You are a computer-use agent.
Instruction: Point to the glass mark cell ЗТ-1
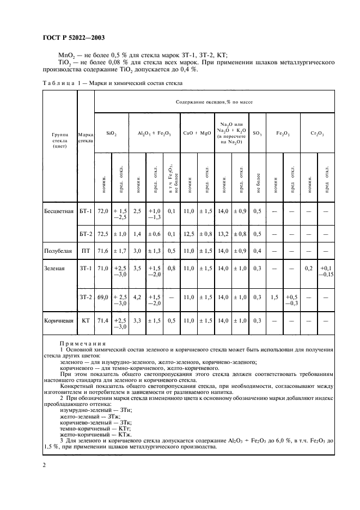point(86,269)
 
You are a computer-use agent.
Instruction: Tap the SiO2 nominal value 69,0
point(103,297)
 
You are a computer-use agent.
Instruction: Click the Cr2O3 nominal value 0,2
point(308,269)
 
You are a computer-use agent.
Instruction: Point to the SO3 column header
point(257,133)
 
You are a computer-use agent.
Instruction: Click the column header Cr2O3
point(317,133)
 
